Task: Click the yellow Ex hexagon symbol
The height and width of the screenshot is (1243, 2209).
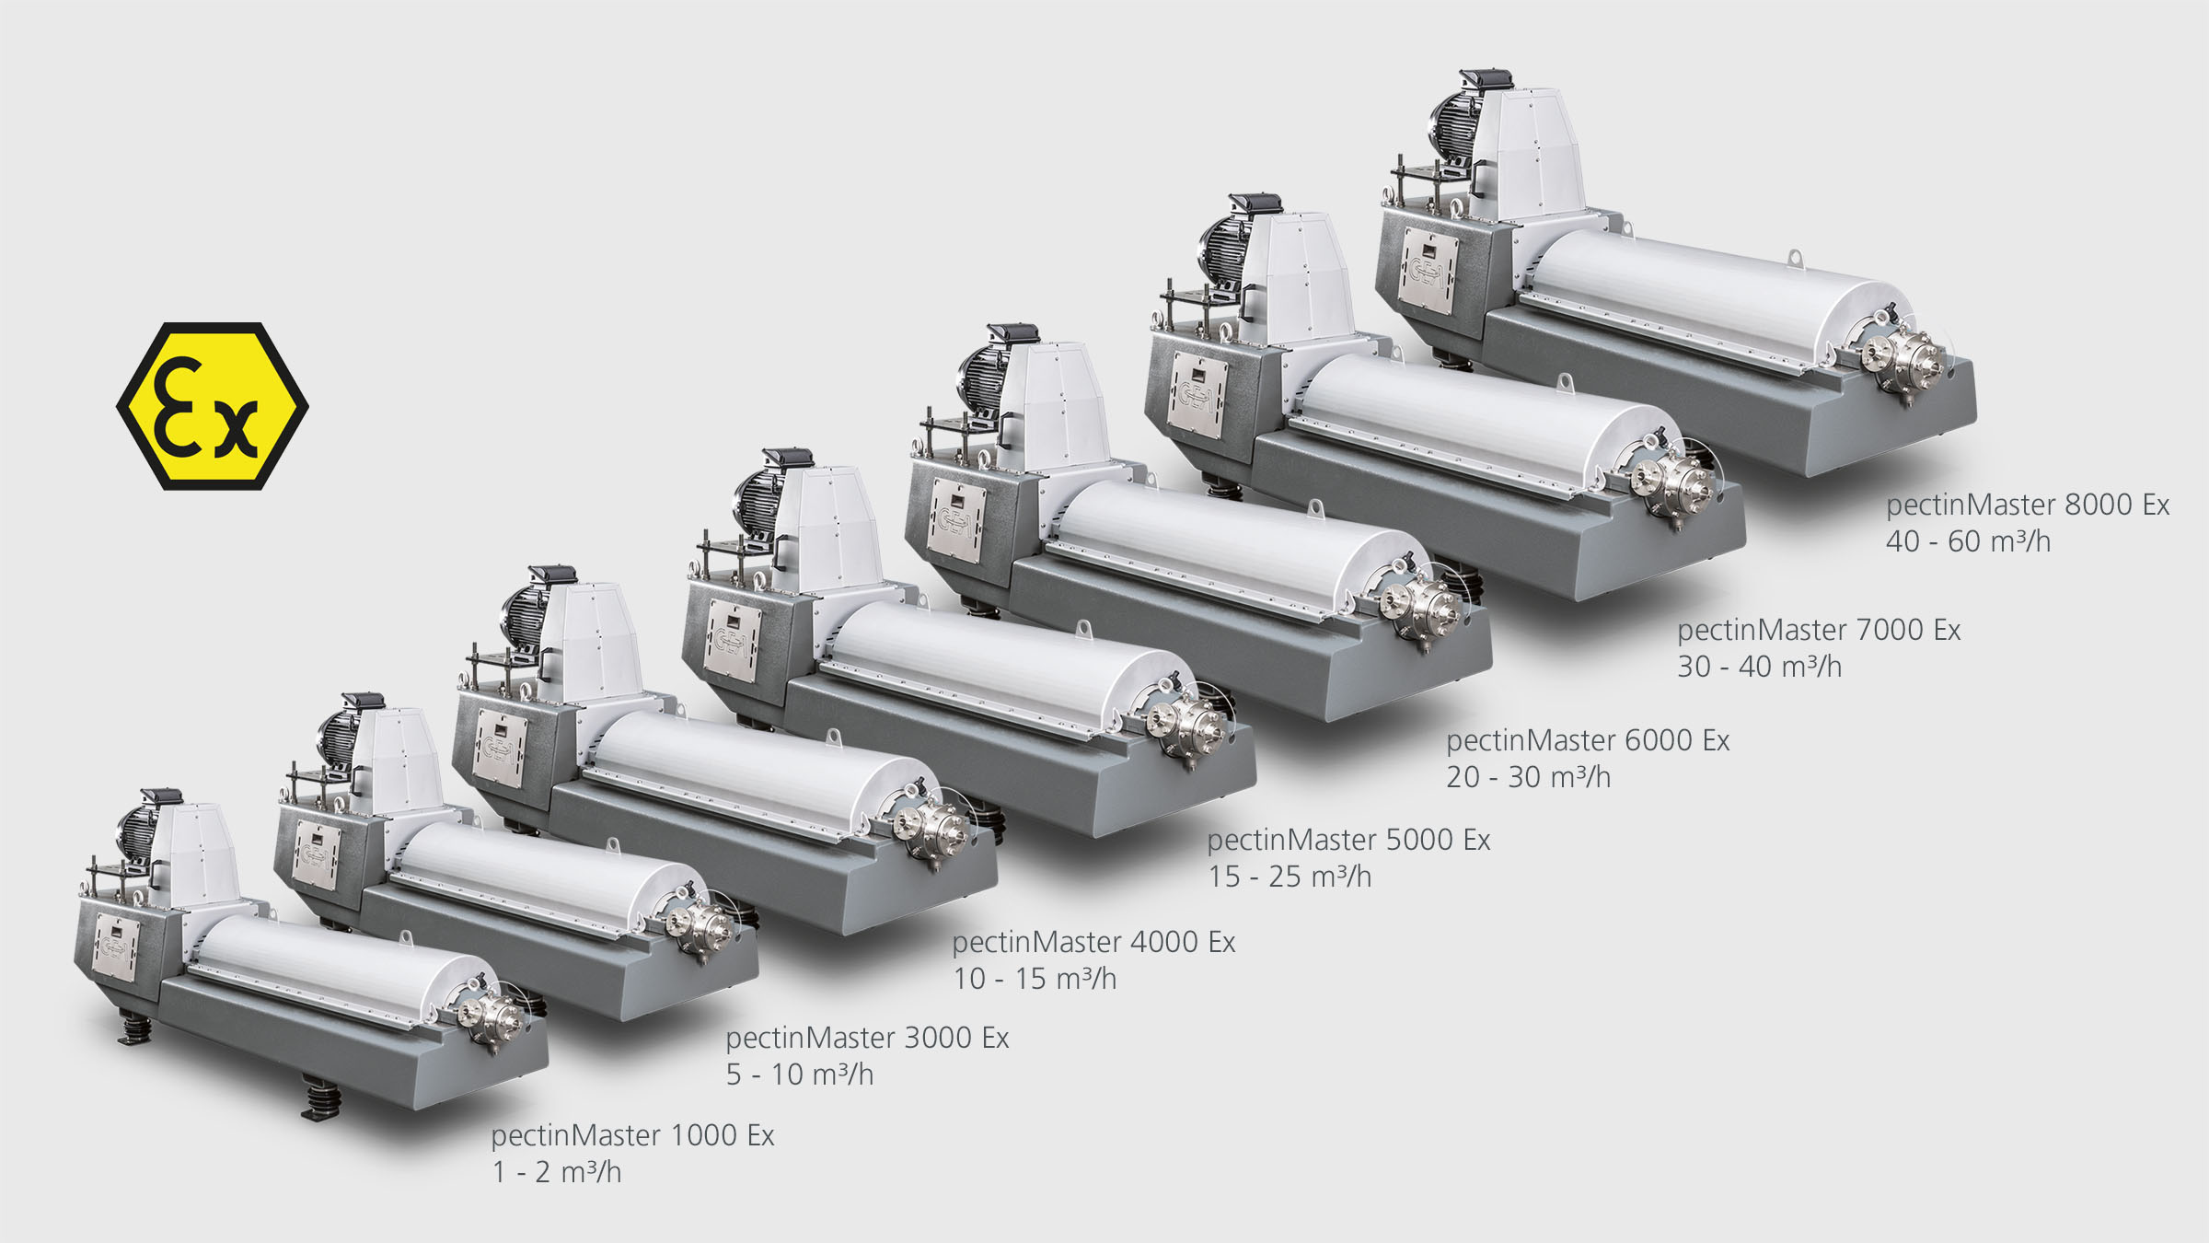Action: coord(213,406)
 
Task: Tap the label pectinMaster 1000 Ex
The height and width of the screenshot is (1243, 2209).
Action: coord(632,1135)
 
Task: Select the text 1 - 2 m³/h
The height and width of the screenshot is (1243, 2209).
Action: coord(557,1172)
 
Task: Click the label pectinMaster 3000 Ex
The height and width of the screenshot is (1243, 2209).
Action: coord(867,1038)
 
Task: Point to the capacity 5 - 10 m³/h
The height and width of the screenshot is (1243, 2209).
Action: coord(800,1075)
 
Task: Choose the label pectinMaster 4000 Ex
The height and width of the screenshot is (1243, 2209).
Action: coord(1093,942)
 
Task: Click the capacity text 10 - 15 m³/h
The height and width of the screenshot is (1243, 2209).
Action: coord(1035,979)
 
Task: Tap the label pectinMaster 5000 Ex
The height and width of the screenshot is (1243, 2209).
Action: coord(1348,840)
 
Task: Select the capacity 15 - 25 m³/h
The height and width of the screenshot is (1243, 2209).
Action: coord(1290,877)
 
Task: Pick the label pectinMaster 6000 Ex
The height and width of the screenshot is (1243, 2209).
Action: coord(1588,740)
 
